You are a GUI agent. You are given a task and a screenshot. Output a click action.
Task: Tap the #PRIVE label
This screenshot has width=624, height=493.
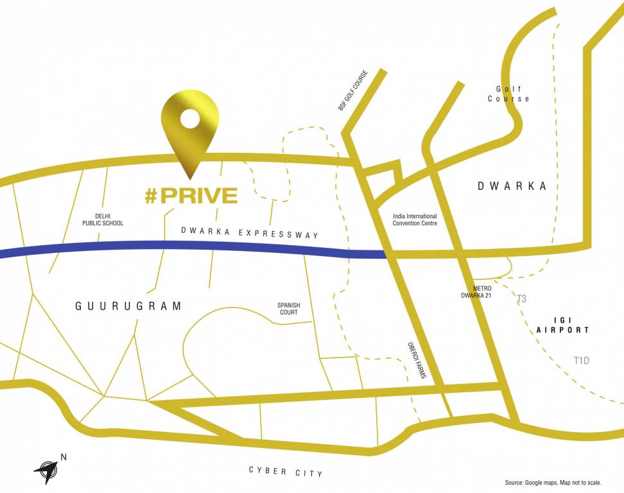tap(191, 196)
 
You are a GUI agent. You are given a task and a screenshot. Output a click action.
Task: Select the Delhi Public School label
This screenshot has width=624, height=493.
tap(103, 220)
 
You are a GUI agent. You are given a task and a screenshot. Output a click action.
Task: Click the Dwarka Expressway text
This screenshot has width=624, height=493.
tap(250, 232)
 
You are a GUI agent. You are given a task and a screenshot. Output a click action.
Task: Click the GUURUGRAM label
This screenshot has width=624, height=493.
tap(129, 306)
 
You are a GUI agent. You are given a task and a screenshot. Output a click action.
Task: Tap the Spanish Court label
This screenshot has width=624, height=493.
tap(288, 309)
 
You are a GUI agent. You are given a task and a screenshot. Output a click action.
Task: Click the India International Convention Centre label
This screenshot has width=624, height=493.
tap(415, 220)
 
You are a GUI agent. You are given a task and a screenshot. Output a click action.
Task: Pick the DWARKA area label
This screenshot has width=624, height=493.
tap(512, 186)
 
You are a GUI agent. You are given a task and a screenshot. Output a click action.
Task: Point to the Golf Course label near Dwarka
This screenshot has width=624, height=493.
tap(508, 94)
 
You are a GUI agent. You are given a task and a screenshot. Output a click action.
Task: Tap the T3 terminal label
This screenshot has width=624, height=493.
tap(521, 299)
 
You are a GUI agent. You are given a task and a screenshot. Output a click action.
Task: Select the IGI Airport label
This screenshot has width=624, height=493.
tap(562, 325)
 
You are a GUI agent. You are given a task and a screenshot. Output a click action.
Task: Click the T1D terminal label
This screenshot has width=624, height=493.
tap(581, 361)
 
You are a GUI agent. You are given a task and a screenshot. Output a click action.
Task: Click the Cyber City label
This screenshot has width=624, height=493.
tap(286, 472)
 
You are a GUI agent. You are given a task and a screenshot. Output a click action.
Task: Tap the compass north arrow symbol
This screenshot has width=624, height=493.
tap(47, 470)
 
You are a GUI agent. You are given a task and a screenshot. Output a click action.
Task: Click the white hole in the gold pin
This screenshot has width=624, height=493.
tap(189, 118)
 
